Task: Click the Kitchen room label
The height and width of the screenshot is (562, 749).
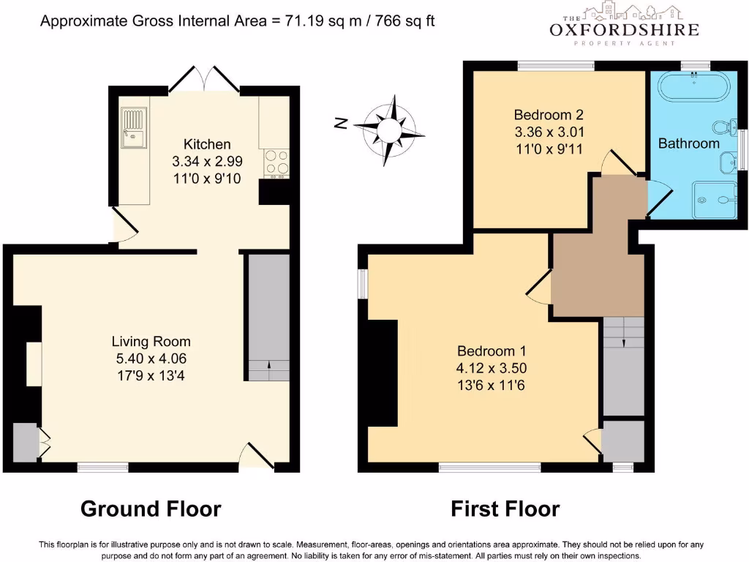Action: [x=207, y=144]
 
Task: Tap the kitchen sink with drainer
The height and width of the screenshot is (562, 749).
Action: [x=134, y=127]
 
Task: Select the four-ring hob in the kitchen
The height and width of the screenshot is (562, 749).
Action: [x=276, y=162]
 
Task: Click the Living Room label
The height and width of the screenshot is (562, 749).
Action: [x=151, y=341]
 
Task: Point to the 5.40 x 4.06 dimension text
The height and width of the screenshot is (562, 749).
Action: [x=151, y=359]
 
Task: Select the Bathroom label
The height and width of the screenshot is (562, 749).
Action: [x=688, y=143]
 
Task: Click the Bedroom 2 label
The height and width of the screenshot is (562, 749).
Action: [x=548, y=115]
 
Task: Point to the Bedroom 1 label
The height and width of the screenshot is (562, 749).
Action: [x=491, y=350]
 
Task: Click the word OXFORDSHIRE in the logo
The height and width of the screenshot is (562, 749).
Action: [x=624, y=30]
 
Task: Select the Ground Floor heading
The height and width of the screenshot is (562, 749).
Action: [x=150, y=509]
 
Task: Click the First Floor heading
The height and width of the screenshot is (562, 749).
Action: [x=505, y=509]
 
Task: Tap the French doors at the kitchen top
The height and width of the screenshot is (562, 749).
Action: [x=205, y=78]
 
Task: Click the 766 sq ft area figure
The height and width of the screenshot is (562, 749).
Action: [x=404, y=20]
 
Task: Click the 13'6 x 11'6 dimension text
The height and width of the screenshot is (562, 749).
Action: [x=491, y=386]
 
